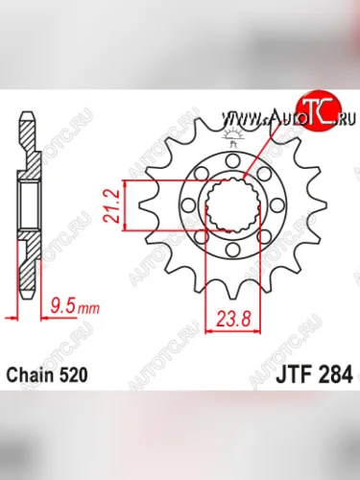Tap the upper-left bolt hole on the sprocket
click(x=201, y=175)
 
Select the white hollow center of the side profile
click(x=29, y=205)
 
